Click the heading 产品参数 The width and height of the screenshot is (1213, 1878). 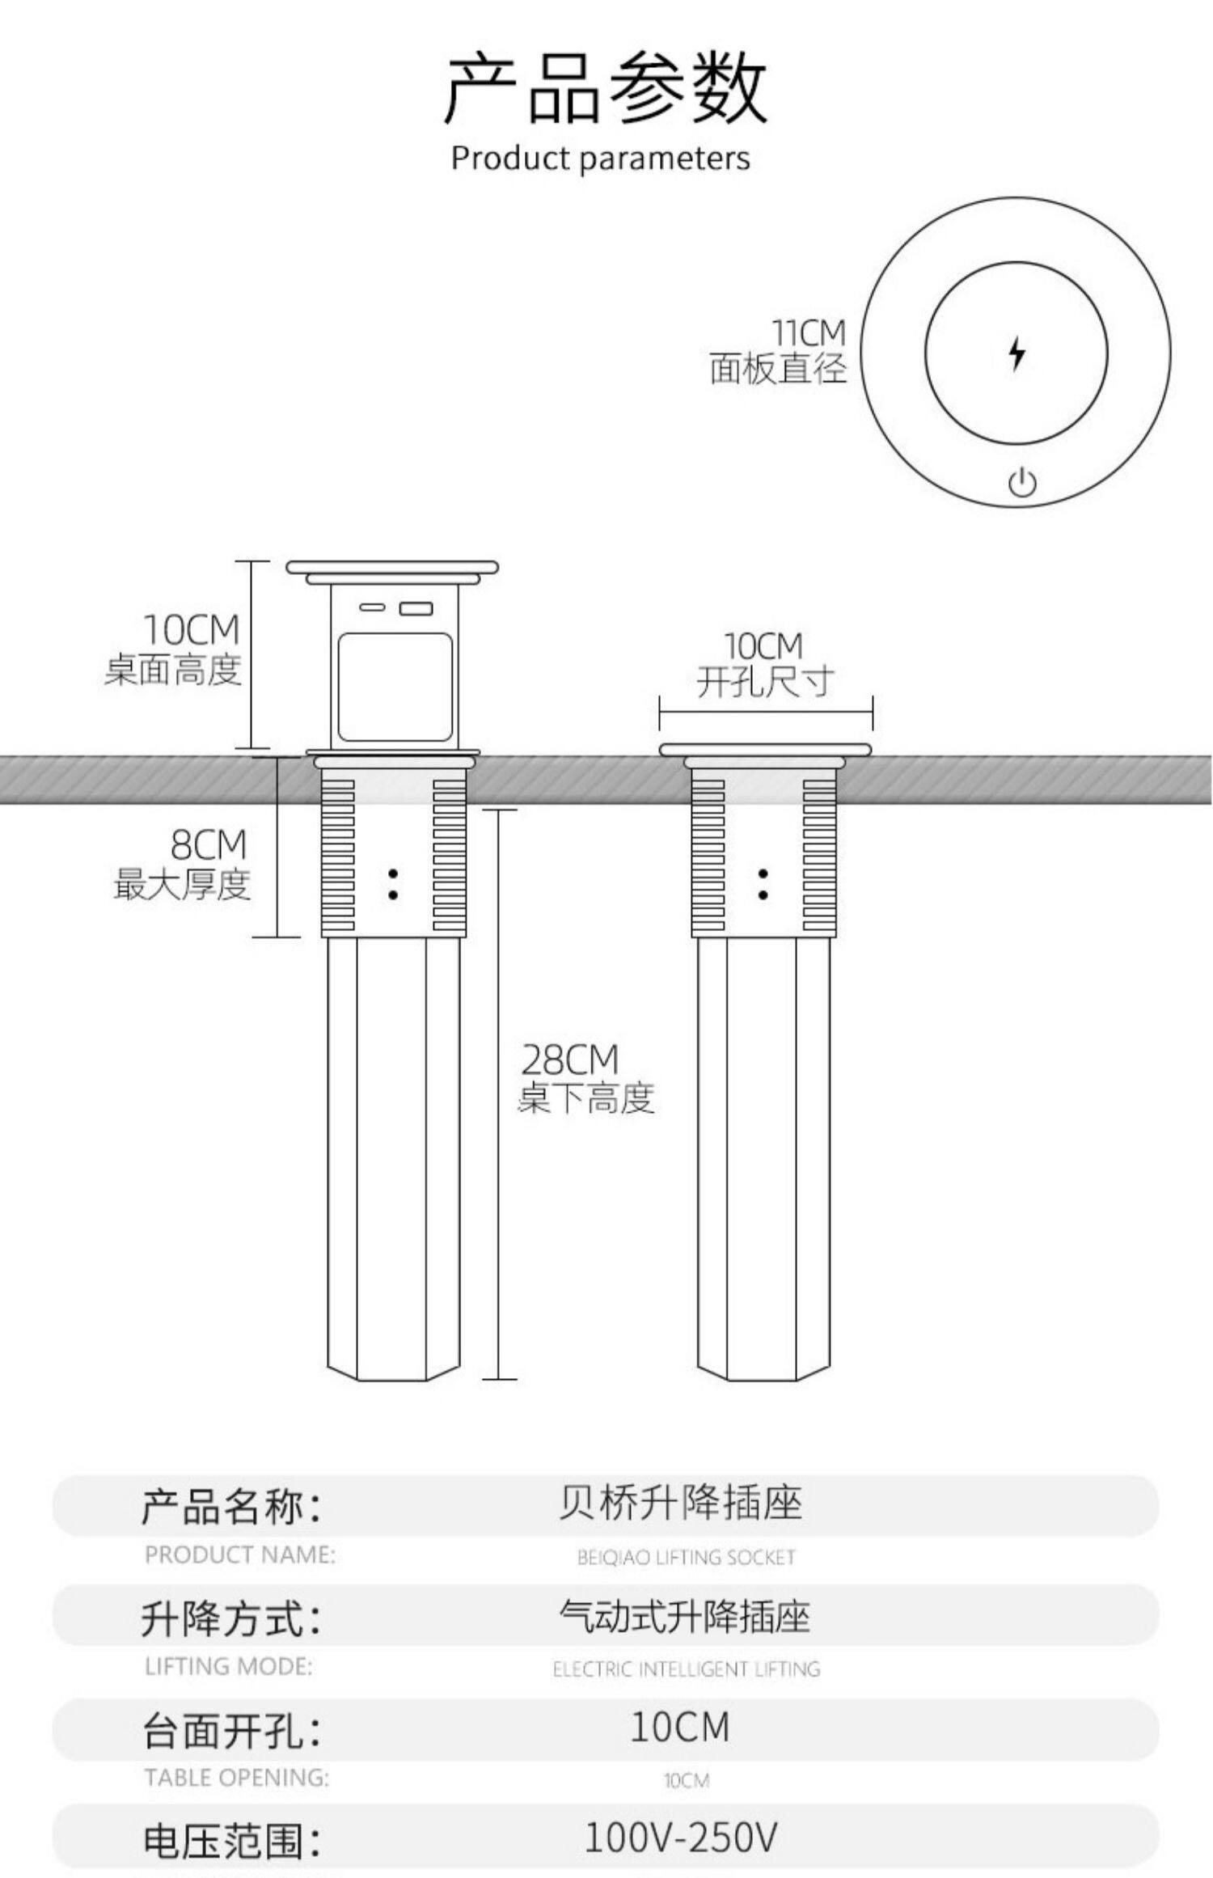(605, 89)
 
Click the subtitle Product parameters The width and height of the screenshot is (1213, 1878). (600, 159)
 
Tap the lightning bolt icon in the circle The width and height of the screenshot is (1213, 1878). (1016, 353)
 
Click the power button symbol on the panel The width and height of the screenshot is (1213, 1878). (1022, 483)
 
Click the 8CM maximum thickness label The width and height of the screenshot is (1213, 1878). (208, 845)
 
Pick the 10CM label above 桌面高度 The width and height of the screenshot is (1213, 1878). (192, 629)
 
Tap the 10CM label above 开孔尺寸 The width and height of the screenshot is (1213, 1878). (763, 646)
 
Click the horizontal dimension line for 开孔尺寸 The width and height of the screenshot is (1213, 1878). (765, 713)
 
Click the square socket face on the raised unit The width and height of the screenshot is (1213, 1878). (394, 687)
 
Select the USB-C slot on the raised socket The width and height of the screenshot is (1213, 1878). (372, 607)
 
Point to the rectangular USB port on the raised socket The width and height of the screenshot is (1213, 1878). (416, 608)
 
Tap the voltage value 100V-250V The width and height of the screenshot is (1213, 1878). (680, 1837)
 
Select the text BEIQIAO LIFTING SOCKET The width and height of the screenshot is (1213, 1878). (686, 1557)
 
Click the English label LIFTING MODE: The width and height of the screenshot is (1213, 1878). (229, 1666)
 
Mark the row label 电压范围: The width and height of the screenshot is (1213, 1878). (232, 1841)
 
